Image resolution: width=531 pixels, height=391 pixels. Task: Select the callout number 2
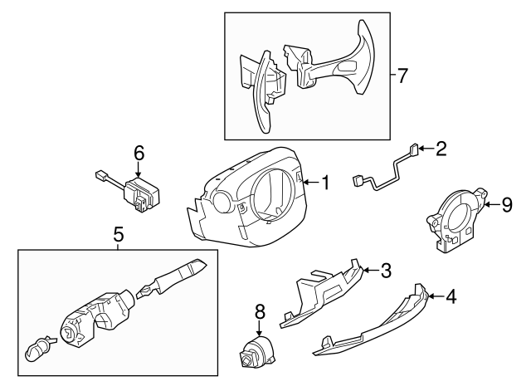[441, 149]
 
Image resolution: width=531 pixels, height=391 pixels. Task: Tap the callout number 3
[385, 269]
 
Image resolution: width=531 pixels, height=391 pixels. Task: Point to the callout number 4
[451, 296]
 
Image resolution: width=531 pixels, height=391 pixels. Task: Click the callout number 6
[139, 152]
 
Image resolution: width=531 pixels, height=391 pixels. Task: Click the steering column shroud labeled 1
[249, 199]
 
